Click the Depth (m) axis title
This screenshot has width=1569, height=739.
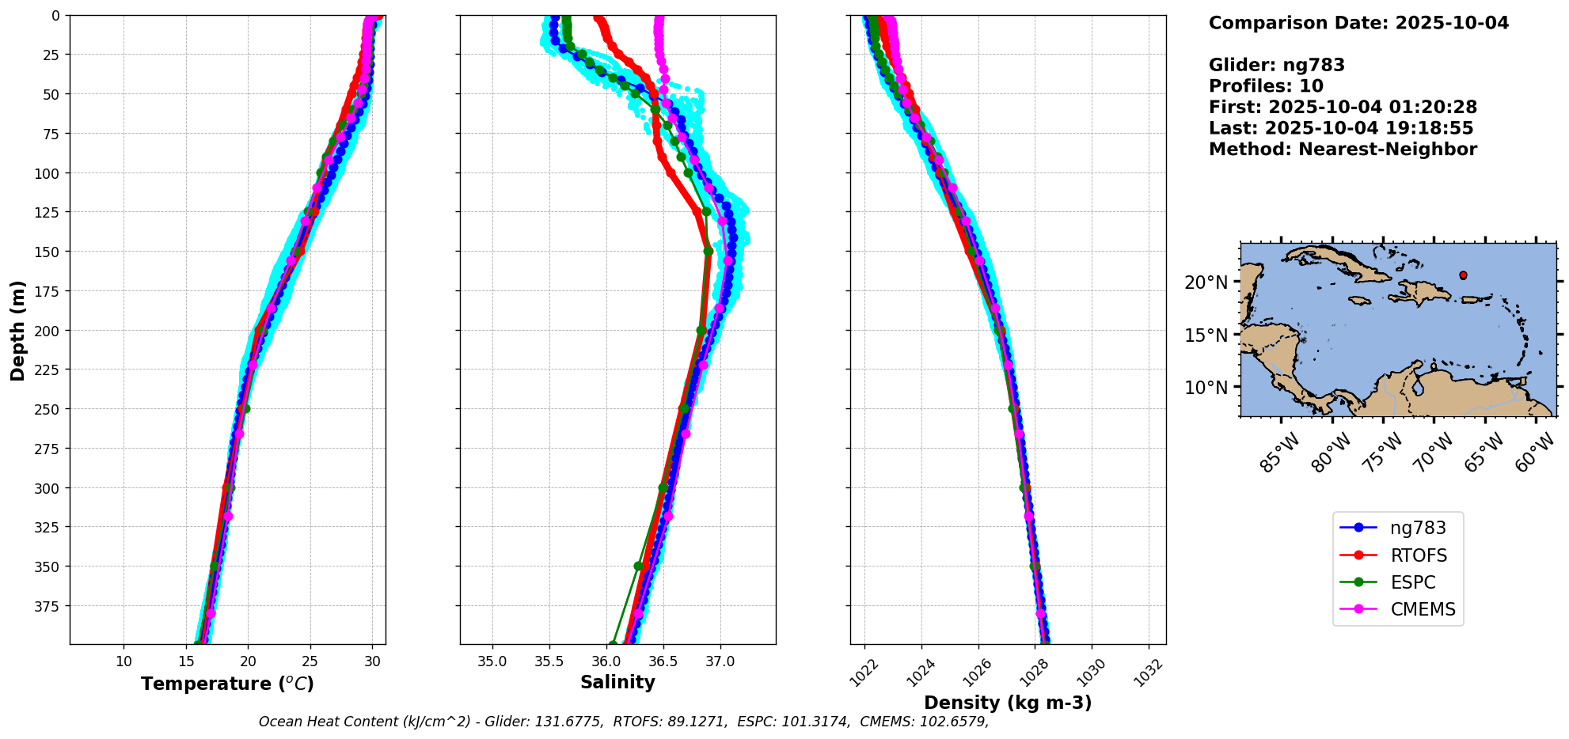click(x=17, y=330)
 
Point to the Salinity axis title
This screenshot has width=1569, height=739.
click(x=617, y=682)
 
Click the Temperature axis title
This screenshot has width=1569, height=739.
click(x=227, y=684)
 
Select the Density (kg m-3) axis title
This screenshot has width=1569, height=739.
click(x=1008, y=703)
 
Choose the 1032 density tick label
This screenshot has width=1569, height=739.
click(x=1149, y=673)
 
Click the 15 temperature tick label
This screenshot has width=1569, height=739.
click(x=186, y=661)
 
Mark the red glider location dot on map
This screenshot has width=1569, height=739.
click(x=1463, y=275)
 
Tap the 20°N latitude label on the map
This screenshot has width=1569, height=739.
click(x=1206, y=282)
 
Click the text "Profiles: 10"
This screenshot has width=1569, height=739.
click(x=1266, y=86)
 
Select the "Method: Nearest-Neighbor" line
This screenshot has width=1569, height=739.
click(x=1343, y=150)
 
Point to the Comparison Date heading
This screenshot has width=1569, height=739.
click(x=1358, y=23)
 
